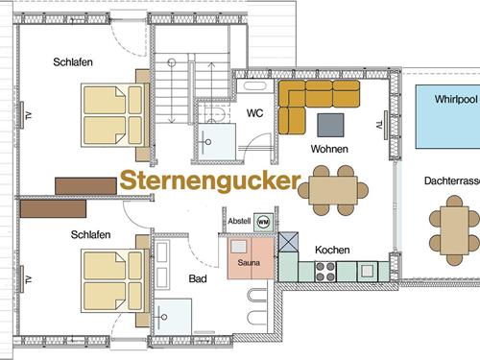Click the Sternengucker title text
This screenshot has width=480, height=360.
tap(210, 181)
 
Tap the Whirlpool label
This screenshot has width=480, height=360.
tap(456, 99)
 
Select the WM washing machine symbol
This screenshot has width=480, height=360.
tap(263, 222)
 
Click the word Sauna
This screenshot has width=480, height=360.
tap(249, 263)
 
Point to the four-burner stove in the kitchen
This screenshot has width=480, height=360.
tap(325, 272)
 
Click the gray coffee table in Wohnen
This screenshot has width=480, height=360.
tap(331, 125)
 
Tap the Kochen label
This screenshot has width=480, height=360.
tap(332, 250)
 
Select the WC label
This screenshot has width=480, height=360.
tap(254, 113)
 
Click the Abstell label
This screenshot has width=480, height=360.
tap(239, 221)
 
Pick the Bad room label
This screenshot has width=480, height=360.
tap(198, 278)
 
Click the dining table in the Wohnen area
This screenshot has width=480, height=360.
tap(333, 190)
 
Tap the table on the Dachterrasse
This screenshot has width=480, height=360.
tap(454, 230)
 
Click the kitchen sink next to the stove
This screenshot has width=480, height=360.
tap(368, 272)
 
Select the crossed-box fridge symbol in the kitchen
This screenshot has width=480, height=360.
tap(288, 242)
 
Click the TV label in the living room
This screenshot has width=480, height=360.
tap(379, 125)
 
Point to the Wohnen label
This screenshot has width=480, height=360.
tap(329, 149)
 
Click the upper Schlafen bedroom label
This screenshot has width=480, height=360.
tap(73, 62)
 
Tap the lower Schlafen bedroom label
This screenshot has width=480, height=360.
tap(90, 234)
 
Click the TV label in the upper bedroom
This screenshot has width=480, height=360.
tap(29, 115)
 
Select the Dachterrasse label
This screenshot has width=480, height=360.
tap(452, 180)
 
